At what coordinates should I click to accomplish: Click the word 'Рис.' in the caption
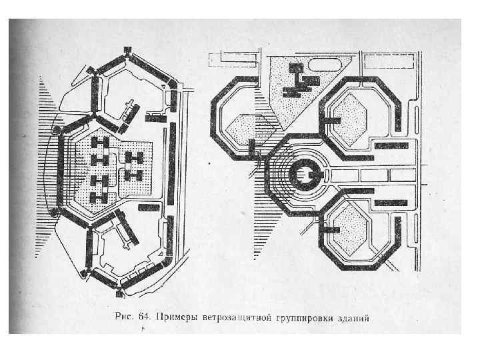[125, 317]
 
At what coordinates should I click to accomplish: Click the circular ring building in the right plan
[307, 175]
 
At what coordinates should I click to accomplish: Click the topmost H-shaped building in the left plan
[100, 143]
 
